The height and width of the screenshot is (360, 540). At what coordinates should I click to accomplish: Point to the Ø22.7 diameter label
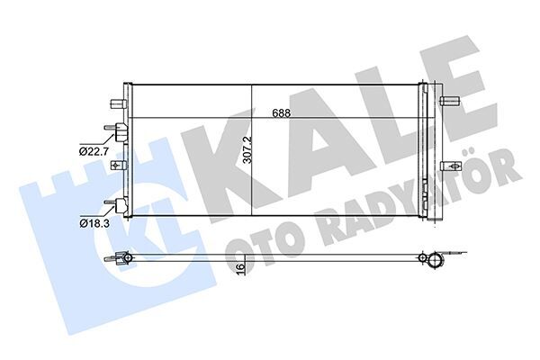click(x=94, y=150)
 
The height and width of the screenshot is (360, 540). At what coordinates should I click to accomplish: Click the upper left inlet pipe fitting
click(x=115, y=131)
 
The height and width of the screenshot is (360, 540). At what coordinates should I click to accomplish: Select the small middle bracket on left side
click(x=114, y=166)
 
